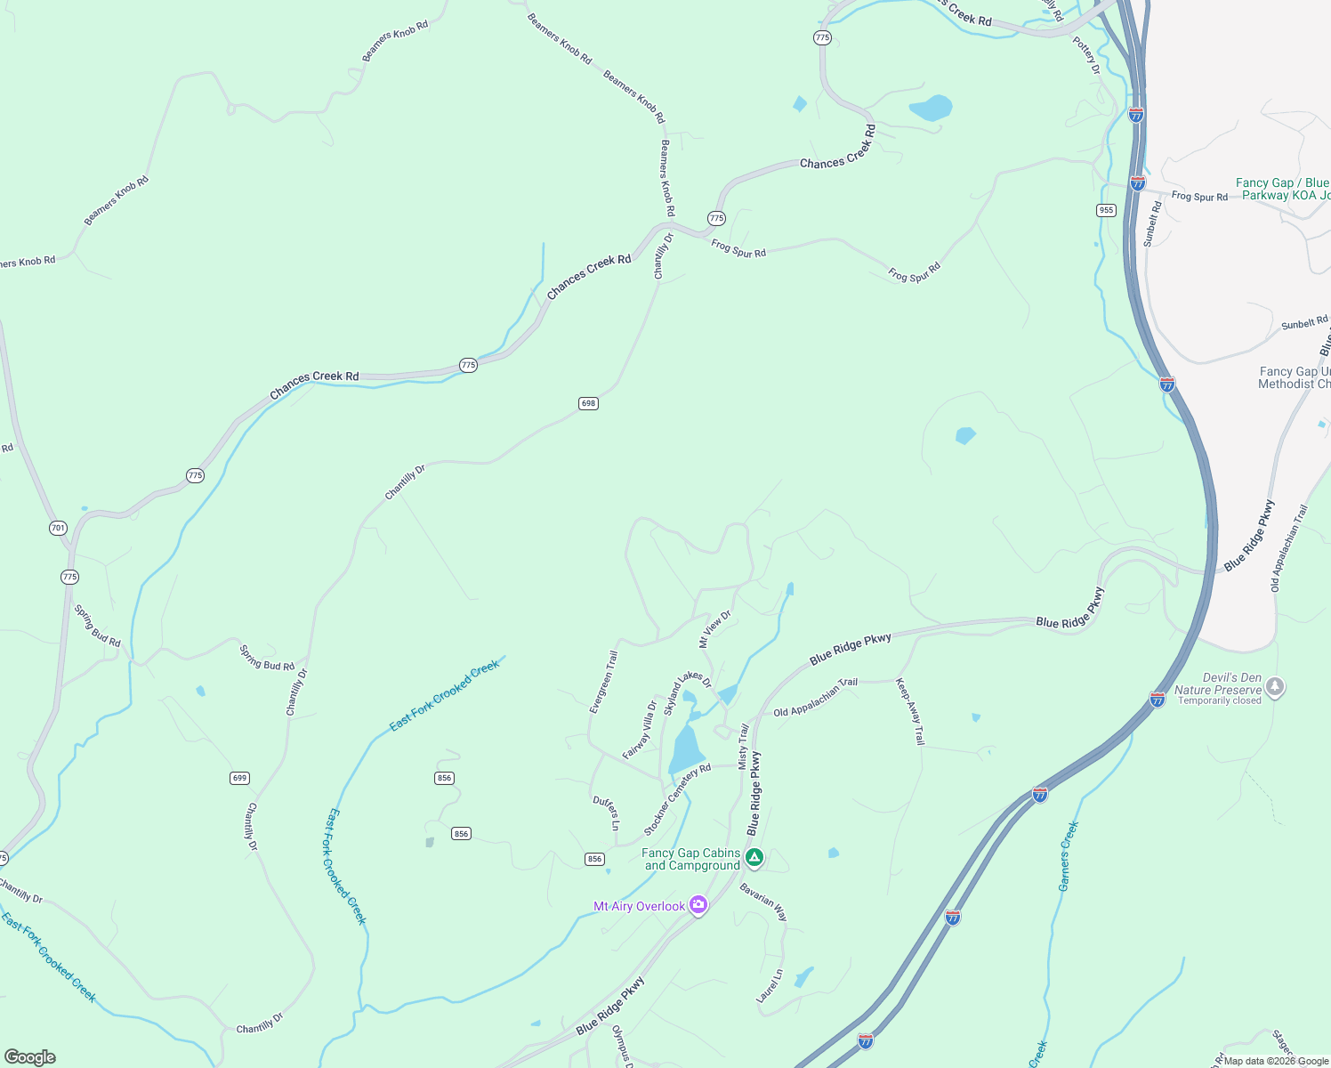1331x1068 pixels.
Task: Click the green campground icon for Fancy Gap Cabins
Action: click(x=754, y=858)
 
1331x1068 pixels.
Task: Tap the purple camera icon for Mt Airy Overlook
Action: click(x=698, y=906)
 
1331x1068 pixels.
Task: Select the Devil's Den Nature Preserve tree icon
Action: click(x=1275, y=687)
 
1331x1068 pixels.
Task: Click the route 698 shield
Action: click(x=588, y=403)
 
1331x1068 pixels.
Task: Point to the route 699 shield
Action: click(x=239, y=778)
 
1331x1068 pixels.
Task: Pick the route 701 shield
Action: click(x=58, y=528)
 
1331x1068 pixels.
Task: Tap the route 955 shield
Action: click(x=1106, y=210)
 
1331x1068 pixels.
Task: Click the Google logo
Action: click(x=30, y=1056)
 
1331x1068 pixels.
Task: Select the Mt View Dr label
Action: click(x=714, y=628)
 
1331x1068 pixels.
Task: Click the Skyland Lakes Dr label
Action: click(x=688, y=693)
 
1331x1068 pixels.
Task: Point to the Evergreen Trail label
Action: click(x=603, y=682)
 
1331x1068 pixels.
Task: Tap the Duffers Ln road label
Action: click(x=606, y=813)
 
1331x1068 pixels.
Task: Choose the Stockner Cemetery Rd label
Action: click(x=677, y=799)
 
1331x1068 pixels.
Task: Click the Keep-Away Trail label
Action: click(x=910, y=711)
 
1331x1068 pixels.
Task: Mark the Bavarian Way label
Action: click(x=763, y=902)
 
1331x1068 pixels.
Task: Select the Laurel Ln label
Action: click(x=770, y=986)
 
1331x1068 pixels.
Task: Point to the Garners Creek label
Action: click(x=1068, y=856)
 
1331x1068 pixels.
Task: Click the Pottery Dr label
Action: click(x=1086, y=55)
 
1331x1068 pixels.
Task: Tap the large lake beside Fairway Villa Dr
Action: click(x=686, y=749)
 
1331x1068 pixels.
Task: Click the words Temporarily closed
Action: click(x=1219, y=700)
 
